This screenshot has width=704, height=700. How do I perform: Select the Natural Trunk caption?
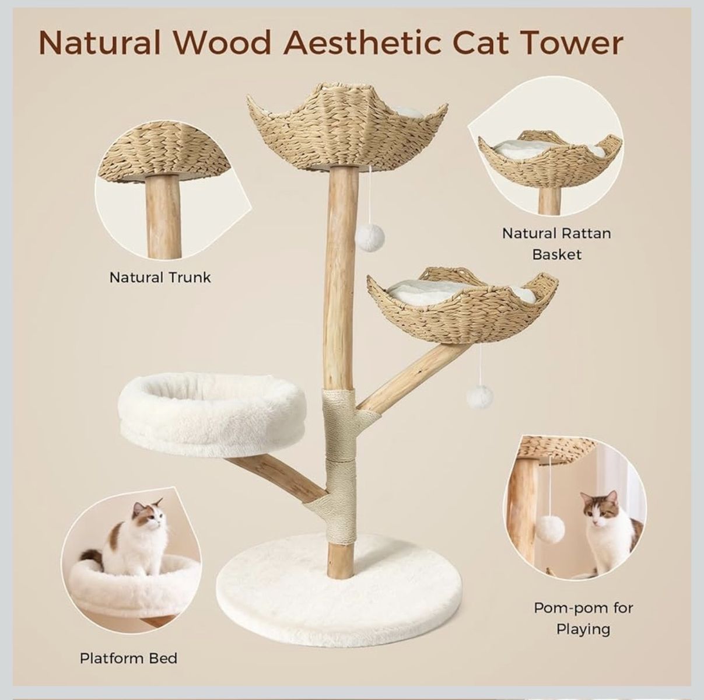click(x=160, y=278)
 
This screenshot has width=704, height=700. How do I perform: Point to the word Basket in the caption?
click(x=556, y=254)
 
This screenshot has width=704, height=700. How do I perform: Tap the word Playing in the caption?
click(x=583, y=629)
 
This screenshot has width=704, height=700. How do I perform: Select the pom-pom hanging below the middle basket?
click(x=479, y=396)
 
